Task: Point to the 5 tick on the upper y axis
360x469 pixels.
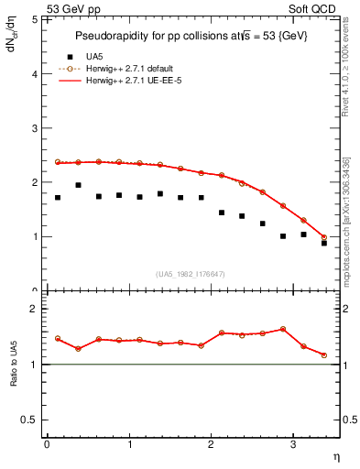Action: [36, 19]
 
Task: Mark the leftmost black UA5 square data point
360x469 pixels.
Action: [58, 197]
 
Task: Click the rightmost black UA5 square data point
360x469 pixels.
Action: [324, 243]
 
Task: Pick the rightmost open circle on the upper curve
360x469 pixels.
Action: [324, 237]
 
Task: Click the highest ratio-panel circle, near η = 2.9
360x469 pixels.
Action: [283, 329]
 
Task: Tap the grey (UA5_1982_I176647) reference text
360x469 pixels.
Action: [190, 274]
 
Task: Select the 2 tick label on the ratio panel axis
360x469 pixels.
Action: [36, 310]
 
